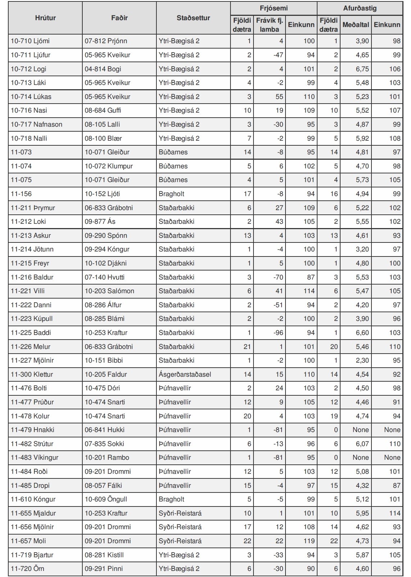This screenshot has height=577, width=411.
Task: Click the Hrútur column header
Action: (x=45, y=18)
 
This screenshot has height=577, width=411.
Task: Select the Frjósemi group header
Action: (x=274, y=8)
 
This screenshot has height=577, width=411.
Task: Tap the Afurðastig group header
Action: (x=360, y=8)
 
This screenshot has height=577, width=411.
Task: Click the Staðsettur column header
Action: (x=193, y=18)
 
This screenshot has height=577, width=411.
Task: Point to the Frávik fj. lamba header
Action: (x=269, y=25)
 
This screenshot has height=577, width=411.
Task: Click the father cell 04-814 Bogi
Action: (x=103, y=69)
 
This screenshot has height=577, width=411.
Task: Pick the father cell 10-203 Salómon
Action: (x=109, y=291)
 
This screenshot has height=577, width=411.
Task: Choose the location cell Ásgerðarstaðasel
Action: (x=185, y=374)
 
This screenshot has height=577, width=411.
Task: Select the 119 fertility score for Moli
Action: (x=309, y=541)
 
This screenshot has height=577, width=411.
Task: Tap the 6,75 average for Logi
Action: (x=362, y=69)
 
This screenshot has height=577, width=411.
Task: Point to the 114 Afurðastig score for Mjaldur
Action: (x=394, y=513)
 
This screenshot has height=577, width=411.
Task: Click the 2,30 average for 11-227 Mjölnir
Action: (x=362, y=360)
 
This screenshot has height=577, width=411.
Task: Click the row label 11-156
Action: (x=21, y=194)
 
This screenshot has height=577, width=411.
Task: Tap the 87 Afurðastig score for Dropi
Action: (x=396, y=486)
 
